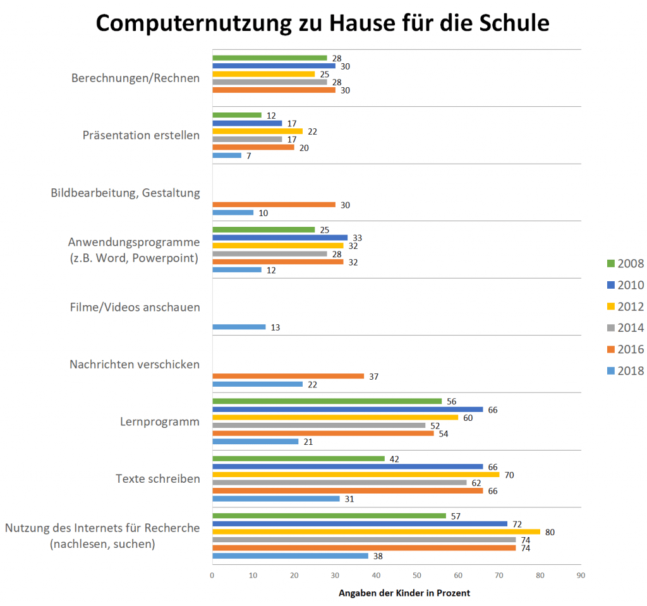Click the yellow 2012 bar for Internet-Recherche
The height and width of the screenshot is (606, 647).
376,532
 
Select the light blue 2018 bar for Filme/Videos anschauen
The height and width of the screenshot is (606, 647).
239,327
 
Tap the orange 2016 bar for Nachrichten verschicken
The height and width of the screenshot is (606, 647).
288,376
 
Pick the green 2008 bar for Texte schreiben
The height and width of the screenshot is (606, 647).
298,459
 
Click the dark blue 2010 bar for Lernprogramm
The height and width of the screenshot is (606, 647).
348,409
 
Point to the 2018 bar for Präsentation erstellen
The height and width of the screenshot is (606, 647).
226,155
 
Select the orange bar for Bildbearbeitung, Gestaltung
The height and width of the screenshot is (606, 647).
274,205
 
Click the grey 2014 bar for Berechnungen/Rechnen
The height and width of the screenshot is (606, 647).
269,82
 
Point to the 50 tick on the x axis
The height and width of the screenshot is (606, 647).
417,576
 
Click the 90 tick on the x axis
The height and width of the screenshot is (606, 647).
581,576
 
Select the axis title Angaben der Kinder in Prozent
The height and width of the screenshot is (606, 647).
404,593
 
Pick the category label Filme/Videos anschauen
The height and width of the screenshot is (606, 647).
135,307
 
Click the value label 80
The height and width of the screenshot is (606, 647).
550,533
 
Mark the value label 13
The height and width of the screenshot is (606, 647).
275,327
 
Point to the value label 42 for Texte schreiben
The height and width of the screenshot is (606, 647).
394,459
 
